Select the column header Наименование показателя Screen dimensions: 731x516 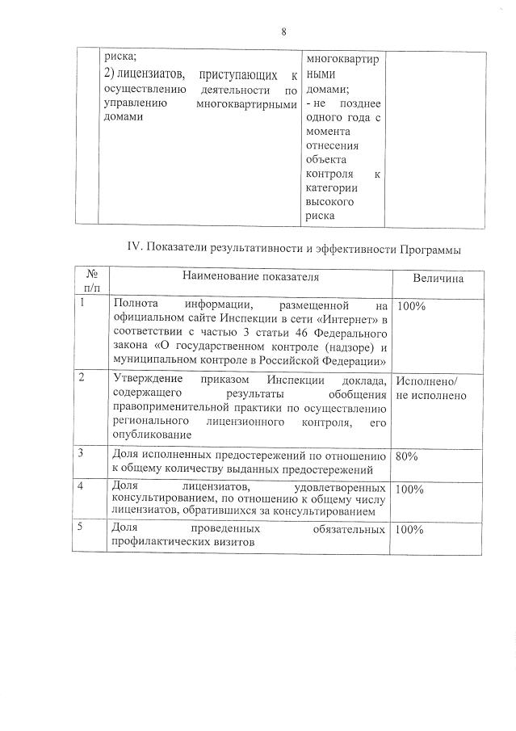(250, 276)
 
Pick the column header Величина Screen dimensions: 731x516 (438, 278)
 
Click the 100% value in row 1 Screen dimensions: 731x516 (411, 307)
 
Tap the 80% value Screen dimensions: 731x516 (407, 456)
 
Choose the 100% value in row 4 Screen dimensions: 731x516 (411, 489)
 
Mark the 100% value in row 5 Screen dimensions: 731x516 (411, 530)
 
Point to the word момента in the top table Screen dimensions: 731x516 (326, 132)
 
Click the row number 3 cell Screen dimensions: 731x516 (82, 454)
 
